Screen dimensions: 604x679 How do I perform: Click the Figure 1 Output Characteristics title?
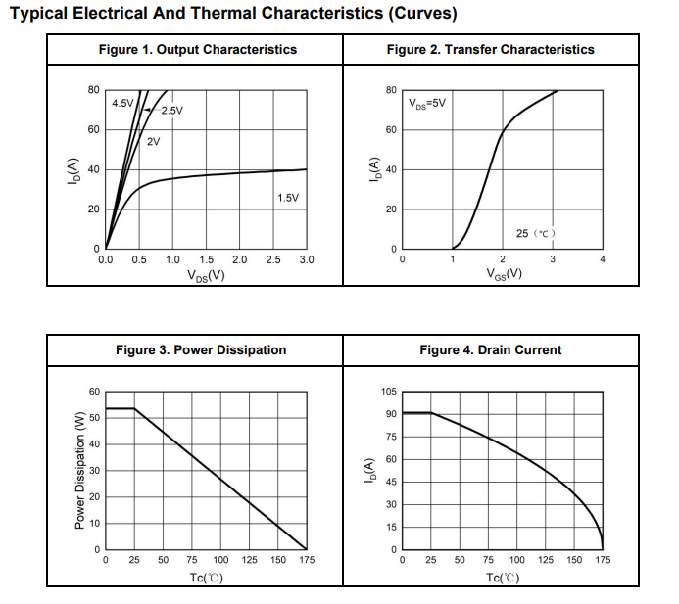[198, 50]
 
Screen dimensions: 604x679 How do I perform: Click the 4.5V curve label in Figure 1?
[122, 104]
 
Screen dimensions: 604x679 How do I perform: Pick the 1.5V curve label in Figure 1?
[288, 198]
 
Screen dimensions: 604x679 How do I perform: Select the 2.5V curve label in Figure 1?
[171, 111]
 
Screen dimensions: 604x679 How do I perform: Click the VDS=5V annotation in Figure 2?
[427, 103]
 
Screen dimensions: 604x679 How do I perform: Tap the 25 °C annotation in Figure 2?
[536, 233]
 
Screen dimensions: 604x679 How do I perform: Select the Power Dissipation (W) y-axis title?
[80, 471]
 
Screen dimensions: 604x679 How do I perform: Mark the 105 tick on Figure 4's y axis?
[389, 392]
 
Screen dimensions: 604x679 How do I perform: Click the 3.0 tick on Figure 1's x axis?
[307, 260]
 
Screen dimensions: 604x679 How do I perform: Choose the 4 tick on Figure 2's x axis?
[602, 260]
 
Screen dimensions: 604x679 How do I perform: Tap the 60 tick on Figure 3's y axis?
[94, 392]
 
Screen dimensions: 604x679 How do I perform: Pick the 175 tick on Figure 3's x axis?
[307, 561]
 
